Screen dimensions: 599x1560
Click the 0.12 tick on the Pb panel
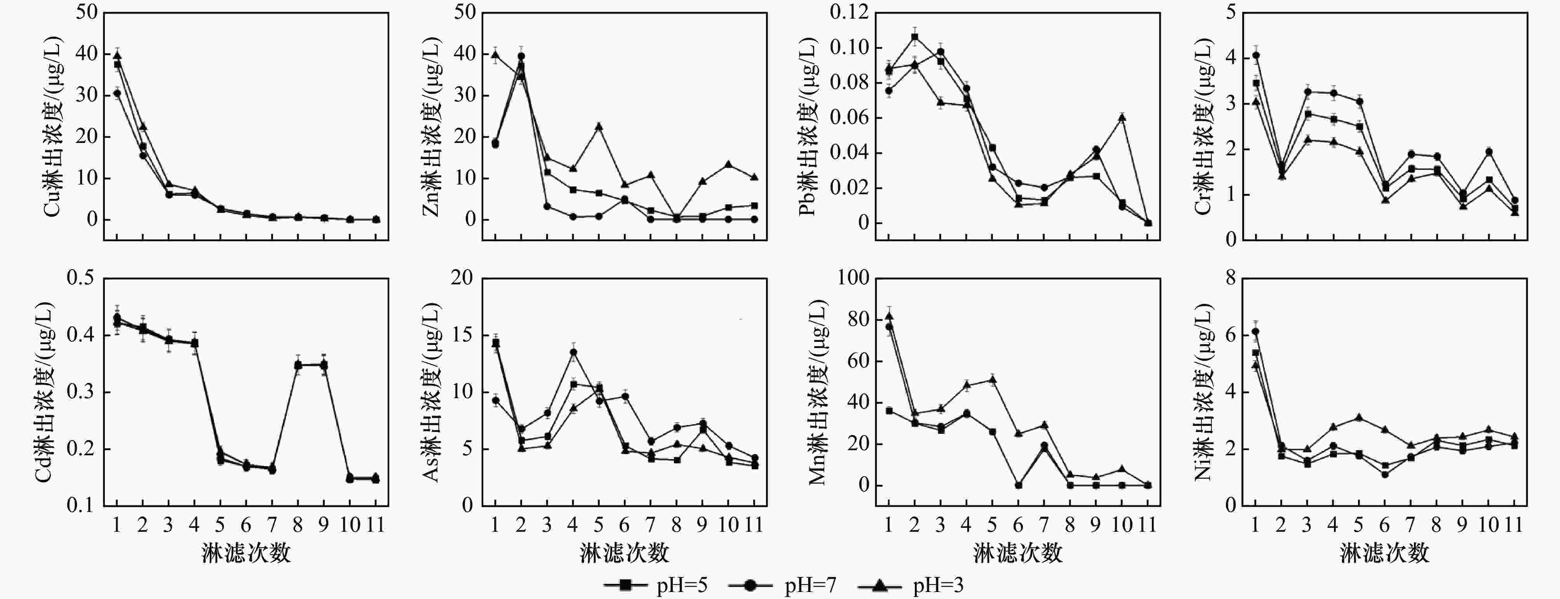pos(848,12)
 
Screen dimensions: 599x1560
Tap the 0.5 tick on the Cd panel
pos(80,279)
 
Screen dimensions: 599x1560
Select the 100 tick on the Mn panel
pos(853,279)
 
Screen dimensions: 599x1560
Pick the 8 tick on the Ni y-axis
pos(1231,279)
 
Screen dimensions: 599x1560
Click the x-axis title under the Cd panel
pos(246,552)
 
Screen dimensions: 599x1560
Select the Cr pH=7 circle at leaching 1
pos(1256,55)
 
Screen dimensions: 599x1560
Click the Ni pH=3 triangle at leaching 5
pos(1359,417)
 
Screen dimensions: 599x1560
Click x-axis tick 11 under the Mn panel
pos(1147,524)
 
